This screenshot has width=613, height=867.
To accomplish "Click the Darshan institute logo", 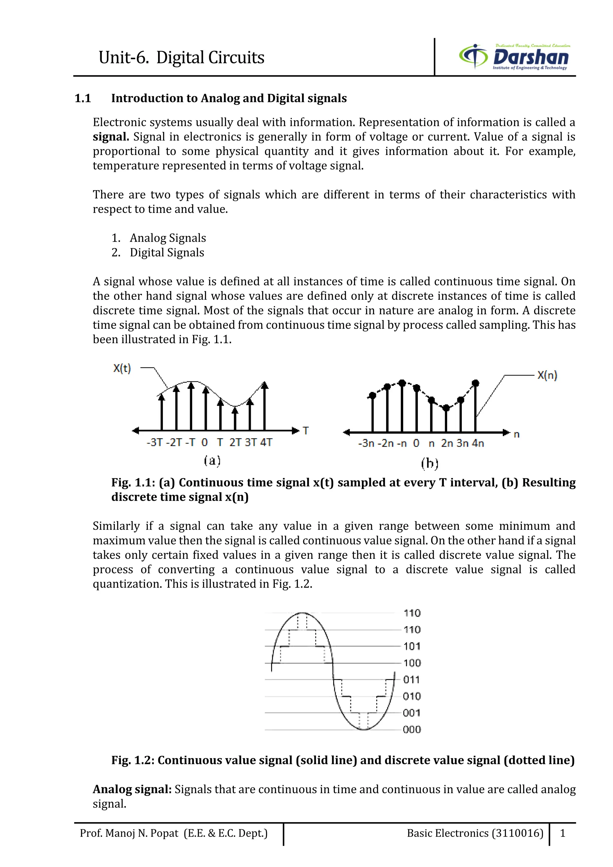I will pyautogui.click(x=515, y=57).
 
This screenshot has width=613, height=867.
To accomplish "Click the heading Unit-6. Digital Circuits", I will pyautogui.click(x=181, y=58).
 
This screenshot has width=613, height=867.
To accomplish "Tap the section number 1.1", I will pyautogui.click(x=83, y=98).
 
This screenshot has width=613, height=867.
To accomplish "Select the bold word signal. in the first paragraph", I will pyautogui.click(x=111, y=137).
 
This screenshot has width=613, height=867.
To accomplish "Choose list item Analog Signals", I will pyautogui.click(x=168, y=238).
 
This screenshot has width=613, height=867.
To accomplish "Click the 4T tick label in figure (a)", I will pyautogui.click(x=266, y=442).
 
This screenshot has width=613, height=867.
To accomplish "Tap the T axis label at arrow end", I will pyautogui.click(x=306, y=431).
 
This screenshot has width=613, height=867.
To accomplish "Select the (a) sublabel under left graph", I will pyautogui.click(x=212, y=460).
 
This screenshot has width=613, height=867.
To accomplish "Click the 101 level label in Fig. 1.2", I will pyautogui.click(x=412, y=647).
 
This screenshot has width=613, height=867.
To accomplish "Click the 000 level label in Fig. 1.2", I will pyautogui.click(x=412, y=730).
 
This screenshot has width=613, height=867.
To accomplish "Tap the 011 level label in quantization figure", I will pyautogui.click(x=412, y=680).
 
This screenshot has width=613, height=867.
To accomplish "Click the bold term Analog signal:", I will pyautogui.click(x=132, y=789).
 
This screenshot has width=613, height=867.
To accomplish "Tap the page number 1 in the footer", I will pyautogui.click(x=562, y=833).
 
